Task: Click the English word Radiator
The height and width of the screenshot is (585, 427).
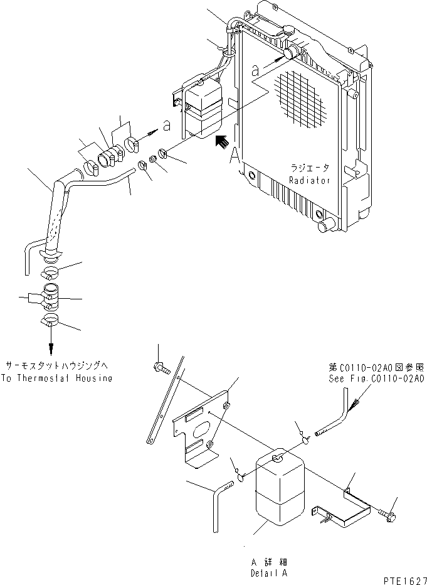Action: point(308,180)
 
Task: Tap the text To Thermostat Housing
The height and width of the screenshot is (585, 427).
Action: point(58,378)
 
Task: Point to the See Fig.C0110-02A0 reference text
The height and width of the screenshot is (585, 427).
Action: point(377,379)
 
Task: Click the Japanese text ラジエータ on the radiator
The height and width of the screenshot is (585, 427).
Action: point(308,169)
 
